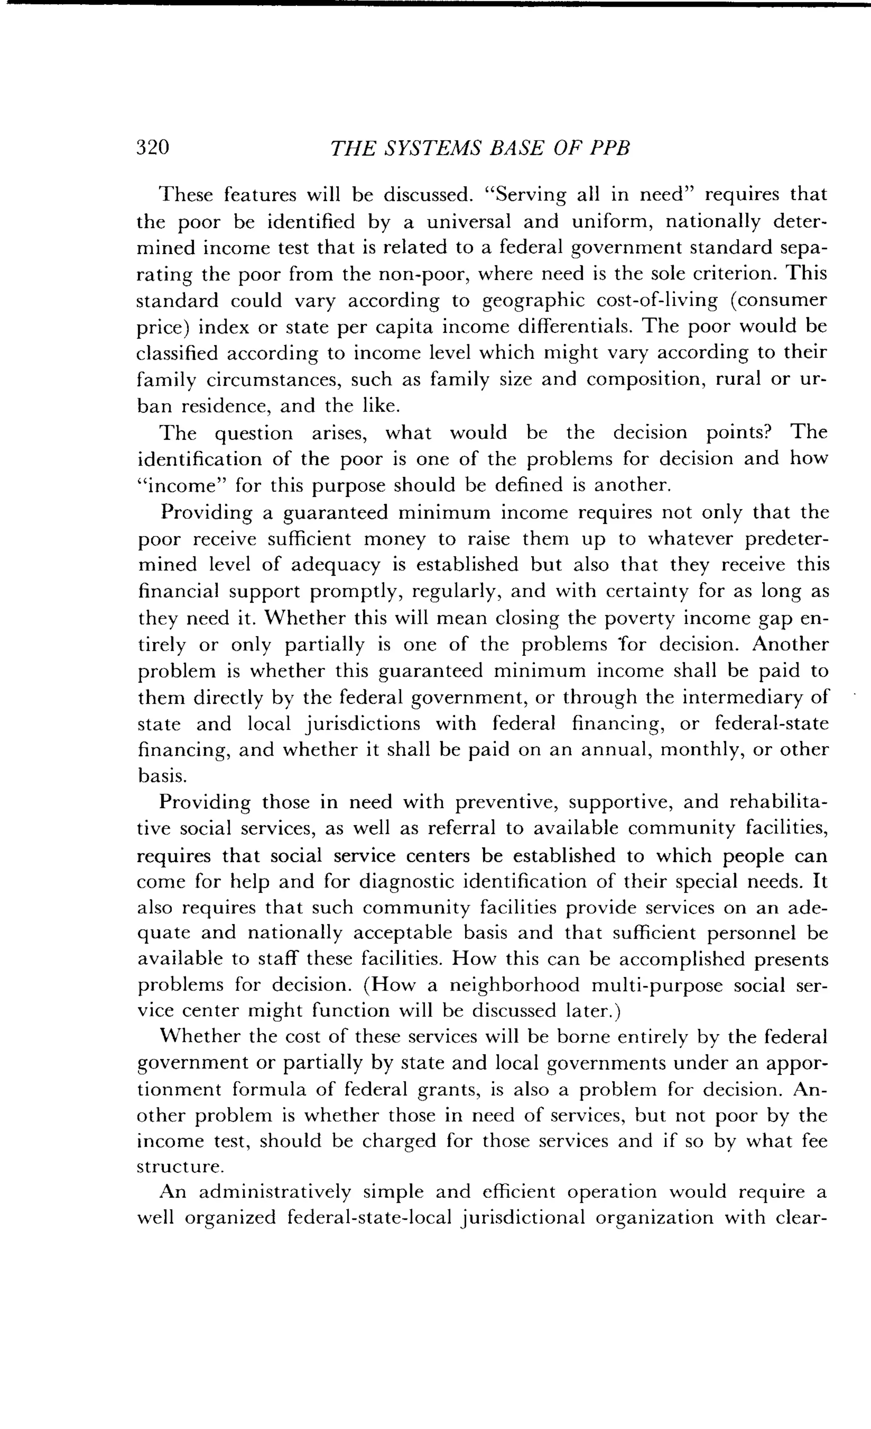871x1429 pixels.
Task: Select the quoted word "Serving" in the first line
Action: click(524, 195)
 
